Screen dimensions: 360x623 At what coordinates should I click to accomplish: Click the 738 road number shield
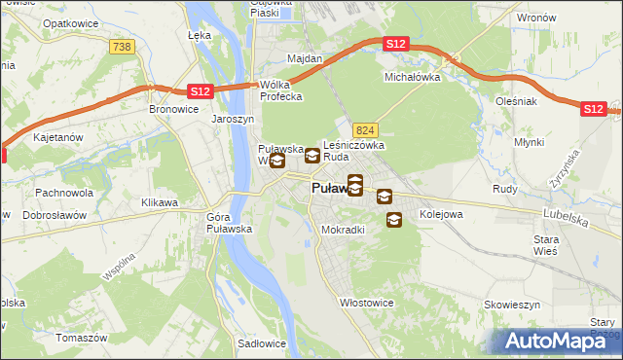coord(122,47)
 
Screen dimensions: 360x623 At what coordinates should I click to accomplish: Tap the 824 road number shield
coord(365,130)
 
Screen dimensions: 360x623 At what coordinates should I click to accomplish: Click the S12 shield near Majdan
coord(395,45)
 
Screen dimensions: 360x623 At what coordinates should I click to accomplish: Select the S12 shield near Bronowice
coord(199,91)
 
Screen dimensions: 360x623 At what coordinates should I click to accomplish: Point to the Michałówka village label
coord(413,76)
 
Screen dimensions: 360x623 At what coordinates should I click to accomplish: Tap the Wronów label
coord(536,18)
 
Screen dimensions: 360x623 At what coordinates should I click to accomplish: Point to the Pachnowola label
coord(64,193)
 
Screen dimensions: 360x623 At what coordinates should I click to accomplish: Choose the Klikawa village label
coord(160,202)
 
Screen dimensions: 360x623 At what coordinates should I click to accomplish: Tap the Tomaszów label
coord(81,338)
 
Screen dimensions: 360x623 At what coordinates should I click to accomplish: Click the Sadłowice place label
coord(261,343)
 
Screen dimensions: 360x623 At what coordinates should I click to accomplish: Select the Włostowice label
coord(365,303)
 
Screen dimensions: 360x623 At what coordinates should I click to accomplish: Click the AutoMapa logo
coord(560,340)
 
